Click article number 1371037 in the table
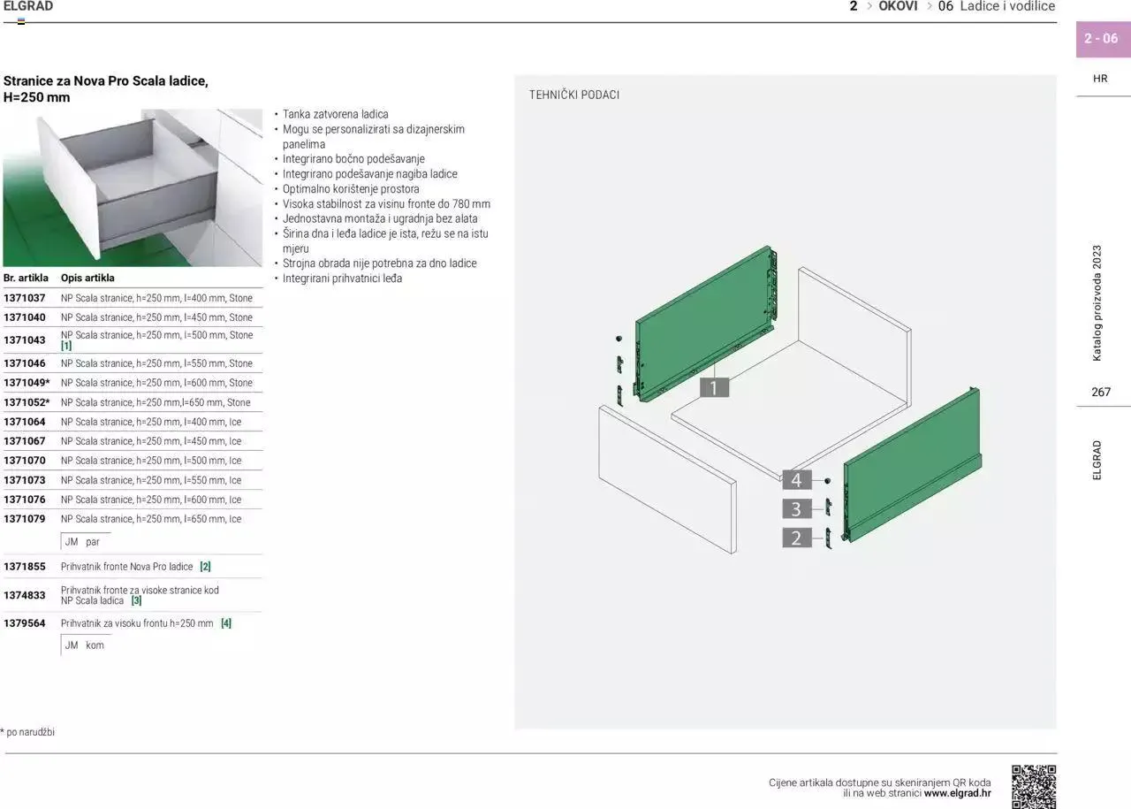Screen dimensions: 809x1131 [x=25, y=298]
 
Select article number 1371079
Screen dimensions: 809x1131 [x=25, y=519]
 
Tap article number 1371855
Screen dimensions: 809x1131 [x=25, y=567]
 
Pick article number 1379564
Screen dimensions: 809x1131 [x=25, y=623]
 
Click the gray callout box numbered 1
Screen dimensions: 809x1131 [x=714, y=386]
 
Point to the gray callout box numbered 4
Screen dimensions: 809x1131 [x=796, y=480]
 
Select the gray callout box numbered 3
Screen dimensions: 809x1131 [x=796, y=508]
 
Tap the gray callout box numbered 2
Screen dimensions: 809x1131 [x=796, y=538]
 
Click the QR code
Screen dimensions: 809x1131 [x=1034, y=786]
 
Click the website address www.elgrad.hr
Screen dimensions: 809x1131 [x=957, y=793]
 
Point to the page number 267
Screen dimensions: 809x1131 [x=1101, y=392]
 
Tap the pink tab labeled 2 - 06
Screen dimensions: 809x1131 [x=1102, y=39]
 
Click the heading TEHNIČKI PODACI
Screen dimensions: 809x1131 [x=574, y=95]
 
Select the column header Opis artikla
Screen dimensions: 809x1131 [x=87, y=278]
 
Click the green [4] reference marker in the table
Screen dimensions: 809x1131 [x=226, y=623]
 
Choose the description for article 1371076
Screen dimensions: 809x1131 [x=151, y=500]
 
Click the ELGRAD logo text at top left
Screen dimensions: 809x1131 [x=28, y=6]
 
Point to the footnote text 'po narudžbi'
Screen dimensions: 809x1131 [x=30, y=732]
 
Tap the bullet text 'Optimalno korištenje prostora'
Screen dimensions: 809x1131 [x=351, y=189]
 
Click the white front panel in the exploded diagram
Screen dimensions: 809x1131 [x=667, y=477]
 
